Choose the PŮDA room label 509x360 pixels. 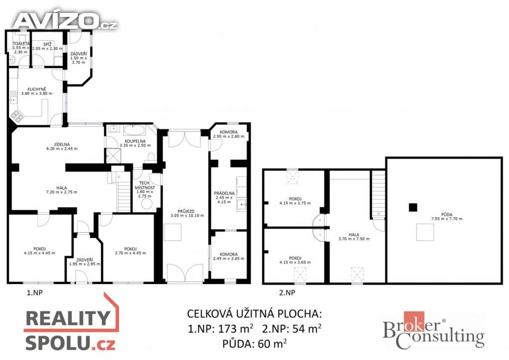click(446, 215)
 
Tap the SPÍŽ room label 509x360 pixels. click(48, 45)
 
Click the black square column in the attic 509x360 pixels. click(412, 207)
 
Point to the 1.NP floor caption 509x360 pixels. click(35, 293)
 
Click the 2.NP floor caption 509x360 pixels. click(287, 293)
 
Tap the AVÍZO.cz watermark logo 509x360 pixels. click(65, 21)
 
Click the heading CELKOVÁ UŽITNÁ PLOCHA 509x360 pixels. click(254, 314)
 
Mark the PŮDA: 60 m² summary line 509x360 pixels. click(254, 343)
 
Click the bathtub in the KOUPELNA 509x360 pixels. click(133, 131)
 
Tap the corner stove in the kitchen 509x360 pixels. click(18, 117)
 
